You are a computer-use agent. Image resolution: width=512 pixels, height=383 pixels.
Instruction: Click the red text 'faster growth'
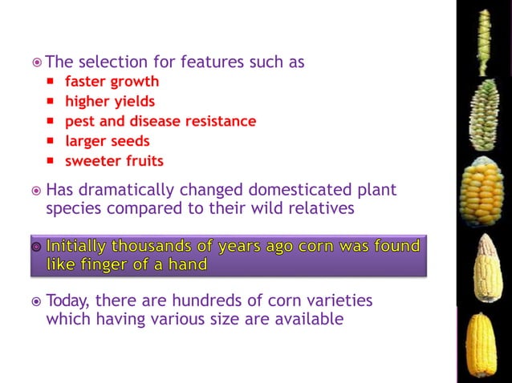click(x=112, y=82)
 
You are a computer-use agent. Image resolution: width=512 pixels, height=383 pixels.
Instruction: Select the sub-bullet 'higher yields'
click(x=110, y=102)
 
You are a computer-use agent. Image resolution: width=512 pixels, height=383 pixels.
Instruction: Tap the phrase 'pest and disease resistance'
click(x=161, y=122)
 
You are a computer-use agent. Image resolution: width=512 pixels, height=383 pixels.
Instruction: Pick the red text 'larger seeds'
click(x=108, y=142)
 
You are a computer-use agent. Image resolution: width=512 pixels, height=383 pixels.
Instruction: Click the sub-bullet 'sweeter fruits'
click(x=114, y=161)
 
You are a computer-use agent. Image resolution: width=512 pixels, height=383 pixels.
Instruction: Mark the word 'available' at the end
click(x=311, y=319)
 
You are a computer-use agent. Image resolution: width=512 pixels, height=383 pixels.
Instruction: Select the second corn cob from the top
click(x=483, y=115)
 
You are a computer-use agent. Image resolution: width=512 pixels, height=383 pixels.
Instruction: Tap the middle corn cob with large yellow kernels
click(x=482, y=191)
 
